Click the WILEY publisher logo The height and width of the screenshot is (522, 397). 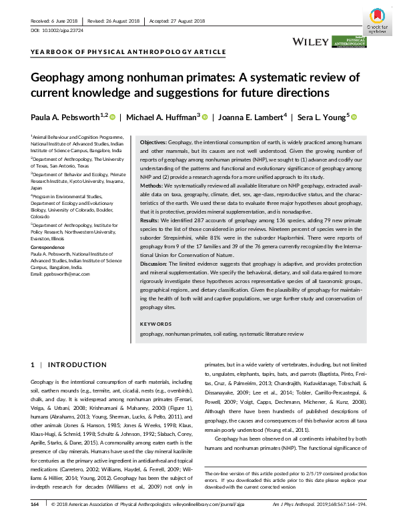click(x=310, y=41)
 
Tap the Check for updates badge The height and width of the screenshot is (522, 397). click(x=379, y=21)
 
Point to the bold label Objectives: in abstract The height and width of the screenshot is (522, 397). click(x=157, y=144)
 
